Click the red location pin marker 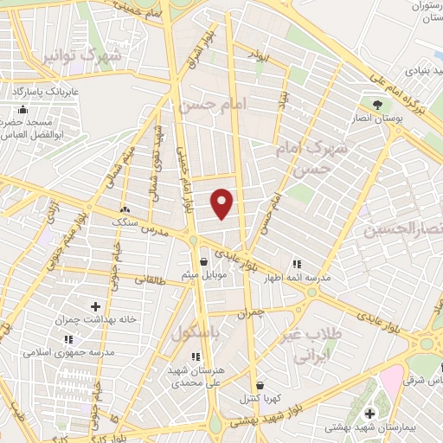point(223,202)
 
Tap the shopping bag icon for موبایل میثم point(202,261)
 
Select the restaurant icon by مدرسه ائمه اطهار point(297,263)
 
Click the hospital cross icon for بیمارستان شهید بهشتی point(370,414)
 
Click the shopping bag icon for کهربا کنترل point(259,385)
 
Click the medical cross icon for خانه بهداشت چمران point(95,305)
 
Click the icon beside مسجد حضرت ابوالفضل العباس point(23,110)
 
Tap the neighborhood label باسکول point(193,334)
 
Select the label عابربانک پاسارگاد point(45,90)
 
